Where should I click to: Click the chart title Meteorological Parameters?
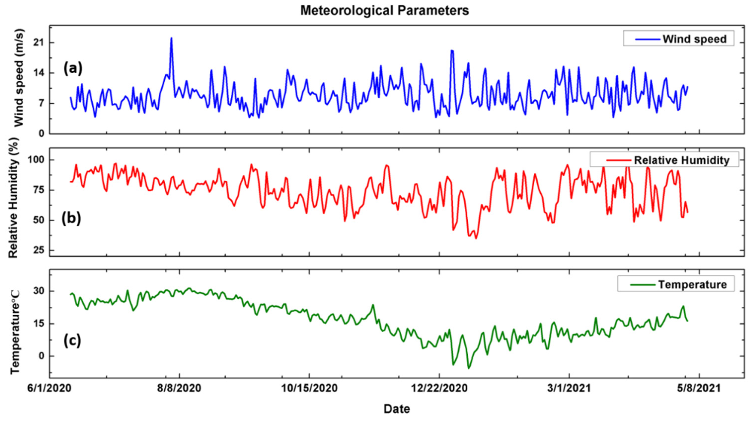pos(384,10)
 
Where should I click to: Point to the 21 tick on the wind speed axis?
pos(39,43)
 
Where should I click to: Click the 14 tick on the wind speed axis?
pos(39,73)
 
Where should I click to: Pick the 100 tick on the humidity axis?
pos(36,160)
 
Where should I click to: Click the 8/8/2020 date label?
pos(179,388)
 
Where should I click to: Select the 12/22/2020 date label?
pos(439,388)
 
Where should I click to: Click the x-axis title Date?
pos(397,409)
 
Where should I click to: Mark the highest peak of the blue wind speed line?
pos(171,38)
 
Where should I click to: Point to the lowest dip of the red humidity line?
pos(476,238)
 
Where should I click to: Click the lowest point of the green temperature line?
pos(468,369)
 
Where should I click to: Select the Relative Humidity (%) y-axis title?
pos(13,198)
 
